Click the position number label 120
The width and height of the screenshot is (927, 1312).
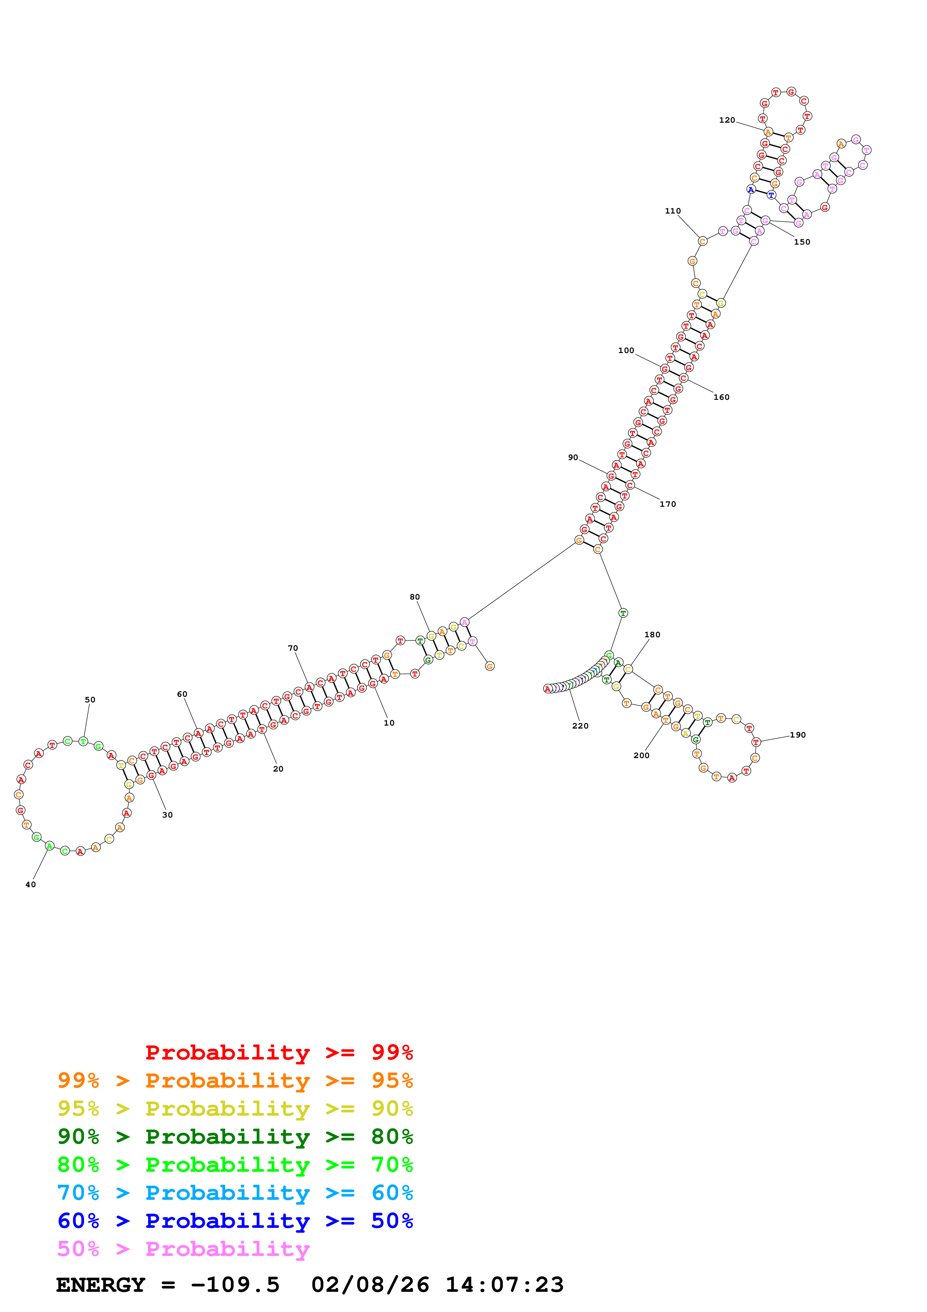click(727, 120)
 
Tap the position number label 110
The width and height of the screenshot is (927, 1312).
click(672, 211)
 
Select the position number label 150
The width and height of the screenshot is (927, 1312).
click(801, 242)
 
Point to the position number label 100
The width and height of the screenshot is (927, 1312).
click(626, 350)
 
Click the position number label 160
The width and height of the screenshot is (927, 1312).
click(721, 397)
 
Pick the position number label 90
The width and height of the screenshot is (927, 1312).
click(573, 457)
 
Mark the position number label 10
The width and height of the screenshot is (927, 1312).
click(389, 723)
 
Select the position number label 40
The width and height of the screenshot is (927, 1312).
click(30, 885)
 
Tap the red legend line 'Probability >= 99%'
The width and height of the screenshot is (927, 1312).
click(279, 1052)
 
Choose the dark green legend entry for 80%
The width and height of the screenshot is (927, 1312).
click(235, 1137)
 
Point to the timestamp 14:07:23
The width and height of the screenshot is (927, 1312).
click(504, 1285)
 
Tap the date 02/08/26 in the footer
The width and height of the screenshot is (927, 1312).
click(370, 1285)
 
